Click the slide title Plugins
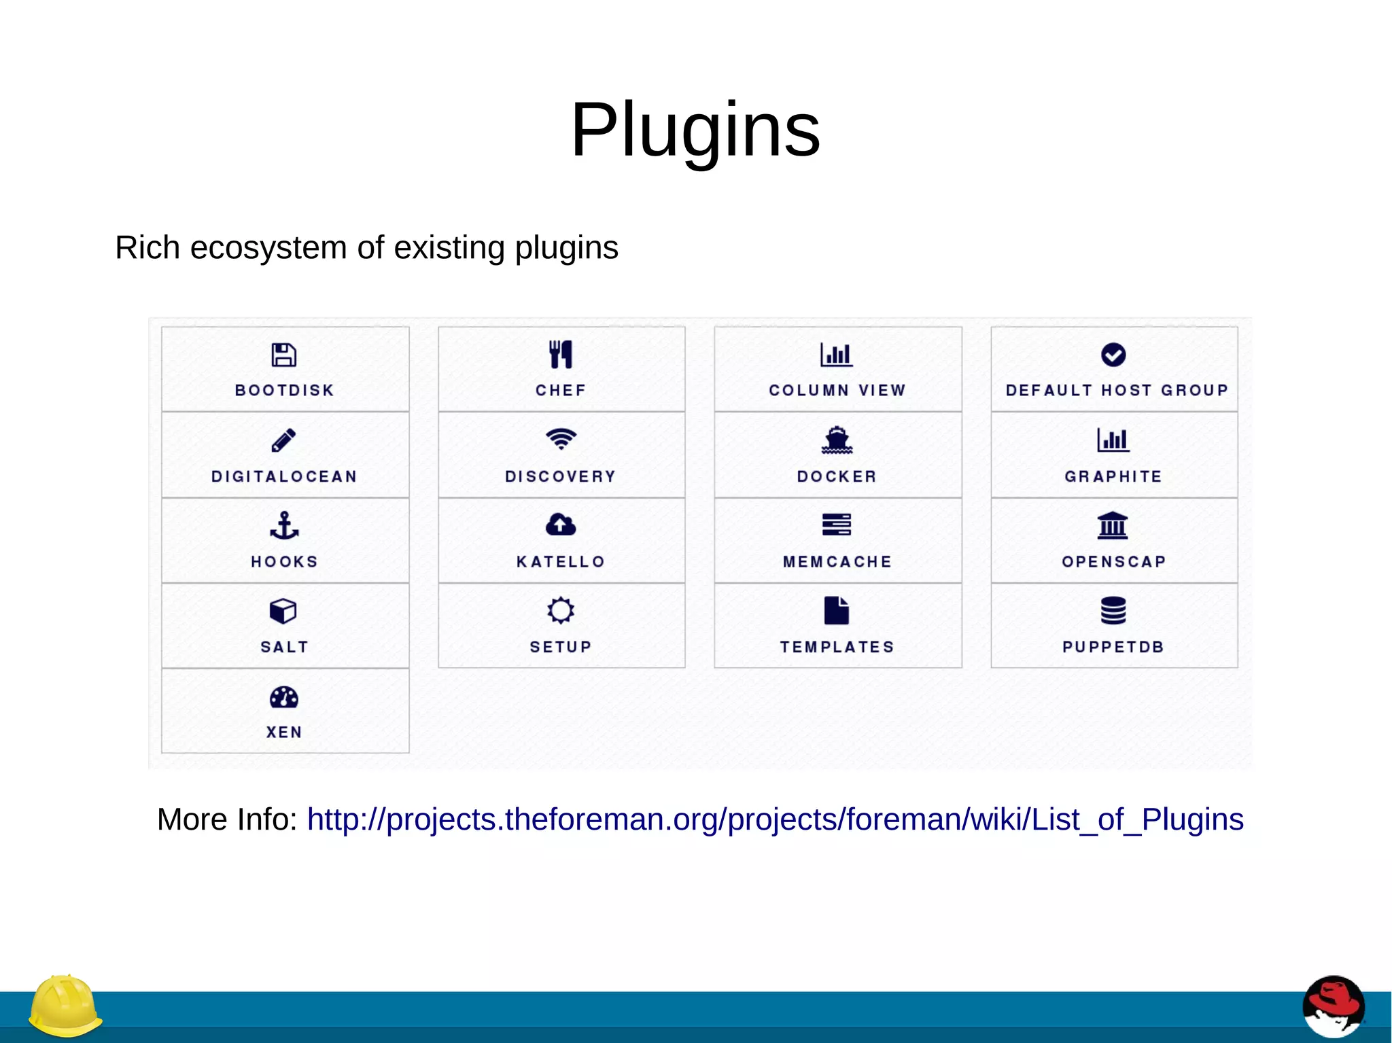tap(695, 129)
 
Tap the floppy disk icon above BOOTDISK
tap(284, 355)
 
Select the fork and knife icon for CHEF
tap(561, 355)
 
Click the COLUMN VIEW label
tap(837, 390)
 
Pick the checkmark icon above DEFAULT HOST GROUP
tap(1113, 355)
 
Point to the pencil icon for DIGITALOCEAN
tap(284, 440)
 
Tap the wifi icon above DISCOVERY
tap(561, 439)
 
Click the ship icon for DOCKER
tap(837, 440)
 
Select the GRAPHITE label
tap(1113, 476)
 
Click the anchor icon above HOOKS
tap(284, 525)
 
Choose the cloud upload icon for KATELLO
tap(561, 525)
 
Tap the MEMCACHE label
tap(837, 562)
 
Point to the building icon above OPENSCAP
tap(1113, 525)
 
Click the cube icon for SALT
tap(283, 611)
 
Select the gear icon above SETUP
tap(561, 610)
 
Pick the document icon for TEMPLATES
tap(837, 610)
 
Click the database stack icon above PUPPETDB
tap(1113, 610)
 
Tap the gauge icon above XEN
tap(284, 697)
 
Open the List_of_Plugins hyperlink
tap(775, 819)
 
